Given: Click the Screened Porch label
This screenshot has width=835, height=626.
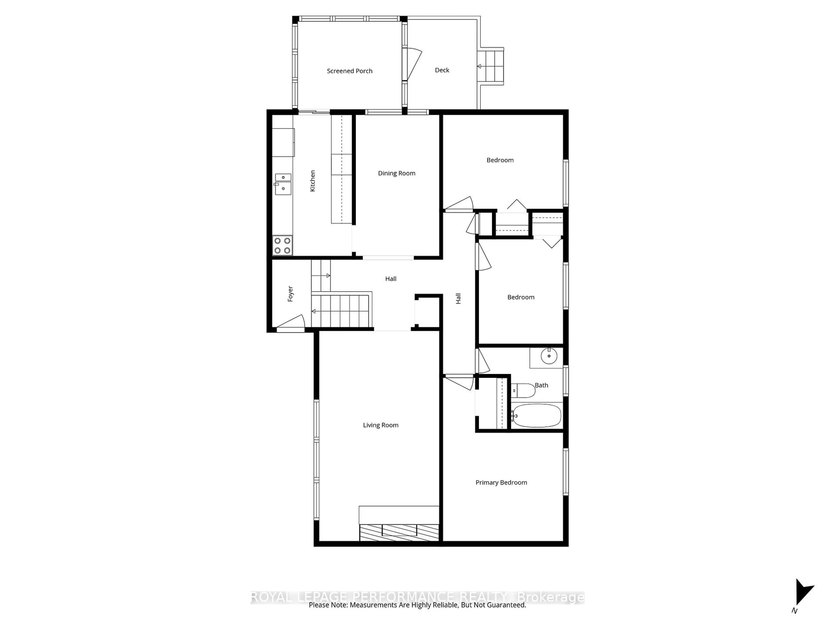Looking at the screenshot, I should coord(350,71).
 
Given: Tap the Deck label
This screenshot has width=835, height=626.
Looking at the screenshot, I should coord(442,70).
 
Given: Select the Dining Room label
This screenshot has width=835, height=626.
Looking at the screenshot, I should coord(396,173).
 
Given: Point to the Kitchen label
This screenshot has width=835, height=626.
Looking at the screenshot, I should coord(312,181).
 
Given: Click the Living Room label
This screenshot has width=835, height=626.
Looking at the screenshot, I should coord(381,425).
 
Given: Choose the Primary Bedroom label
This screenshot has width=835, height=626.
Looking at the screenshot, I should coord(501,483).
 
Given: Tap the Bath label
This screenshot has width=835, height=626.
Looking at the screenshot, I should coord(541,385).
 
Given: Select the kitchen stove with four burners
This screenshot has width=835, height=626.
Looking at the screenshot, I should coord(282,245).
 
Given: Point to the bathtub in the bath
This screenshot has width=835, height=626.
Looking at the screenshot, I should coord(536,415).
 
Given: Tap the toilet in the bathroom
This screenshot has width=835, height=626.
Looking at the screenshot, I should coord(524,391).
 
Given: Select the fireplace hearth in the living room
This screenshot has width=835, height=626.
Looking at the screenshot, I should coord(399,532).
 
